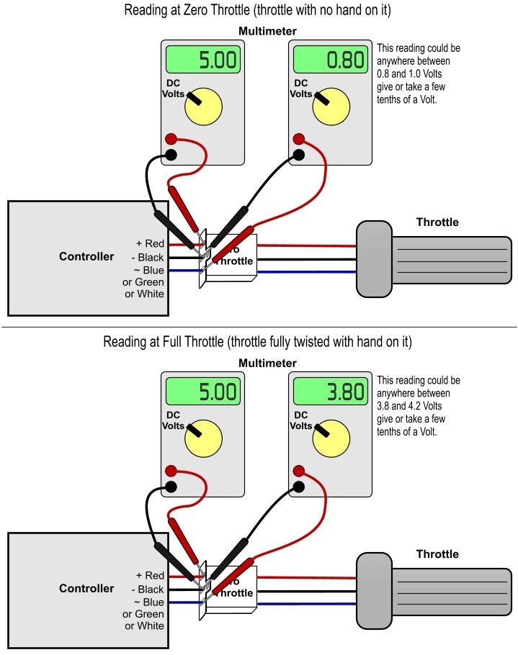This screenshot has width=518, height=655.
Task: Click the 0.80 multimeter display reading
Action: tap(331, 60)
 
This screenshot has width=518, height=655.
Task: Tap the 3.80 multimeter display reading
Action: tap(331, 392)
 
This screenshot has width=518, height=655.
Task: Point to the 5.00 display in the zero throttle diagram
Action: tap(203, 60)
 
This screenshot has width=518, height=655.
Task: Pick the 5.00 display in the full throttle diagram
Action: tap(203, 392)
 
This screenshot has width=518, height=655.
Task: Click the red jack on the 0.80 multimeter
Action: tap(298, 140)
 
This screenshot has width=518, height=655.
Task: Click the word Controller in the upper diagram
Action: tap(86, 257)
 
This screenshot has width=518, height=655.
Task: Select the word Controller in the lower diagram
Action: tap(86, 588)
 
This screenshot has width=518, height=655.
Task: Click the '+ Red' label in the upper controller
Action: tap(150, 244)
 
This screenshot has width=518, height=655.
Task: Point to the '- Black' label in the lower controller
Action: tap(148, 589)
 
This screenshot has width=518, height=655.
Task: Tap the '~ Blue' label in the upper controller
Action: tap(148, 270)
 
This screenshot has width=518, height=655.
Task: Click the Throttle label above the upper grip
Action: tap(437, 222)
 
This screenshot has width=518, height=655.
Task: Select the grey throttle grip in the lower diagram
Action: tap(433, 590)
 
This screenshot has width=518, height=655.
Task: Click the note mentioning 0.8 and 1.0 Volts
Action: tap(419, 74)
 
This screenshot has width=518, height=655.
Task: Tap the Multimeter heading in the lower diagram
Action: tap(267, 363)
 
